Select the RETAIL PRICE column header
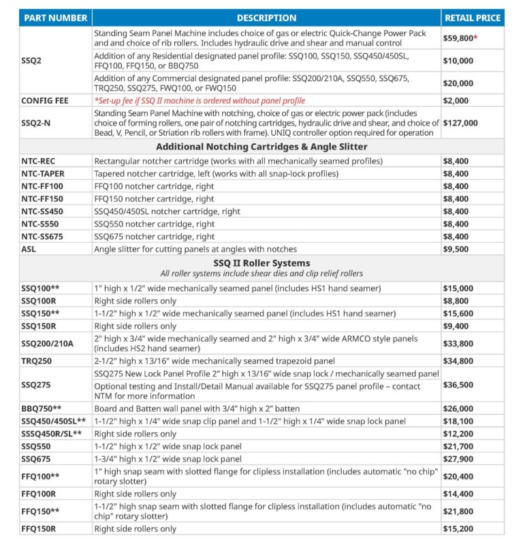click(473, 18)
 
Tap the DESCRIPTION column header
click(266, 18)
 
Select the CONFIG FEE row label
click(44, 101)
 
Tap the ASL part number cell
click(30, 249)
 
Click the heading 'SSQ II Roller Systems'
click(261, 262)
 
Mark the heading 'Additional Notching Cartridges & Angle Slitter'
click(261, 147)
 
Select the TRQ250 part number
click(37, 360)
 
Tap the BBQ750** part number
click(42, 408)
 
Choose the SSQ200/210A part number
click(47, 344)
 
